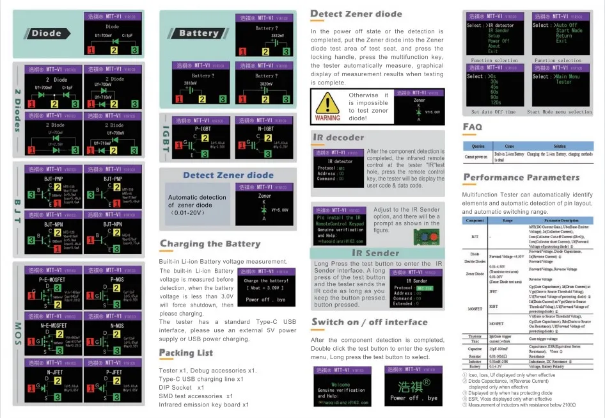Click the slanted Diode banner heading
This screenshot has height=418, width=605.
[46, 33]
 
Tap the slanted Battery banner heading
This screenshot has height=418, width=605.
[198, 33]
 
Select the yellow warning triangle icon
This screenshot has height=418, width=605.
[327, 103]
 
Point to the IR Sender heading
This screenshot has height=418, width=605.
[375, 253]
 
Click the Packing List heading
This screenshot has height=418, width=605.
[186, 353]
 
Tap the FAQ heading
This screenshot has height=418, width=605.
[472, 127]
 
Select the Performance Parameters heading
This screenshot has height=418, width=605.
[512, 177]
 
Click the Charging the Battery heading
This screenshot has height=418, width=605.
[210, 244]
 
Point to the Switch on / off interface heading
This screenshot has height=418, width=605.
[369, 322]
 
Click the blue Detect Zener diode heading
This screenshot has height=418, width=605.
[228, 175]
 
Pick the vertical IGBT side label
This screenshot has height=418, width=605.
[166, 138]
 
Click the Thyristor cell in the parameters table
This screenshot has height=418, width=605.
[475, 336]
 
